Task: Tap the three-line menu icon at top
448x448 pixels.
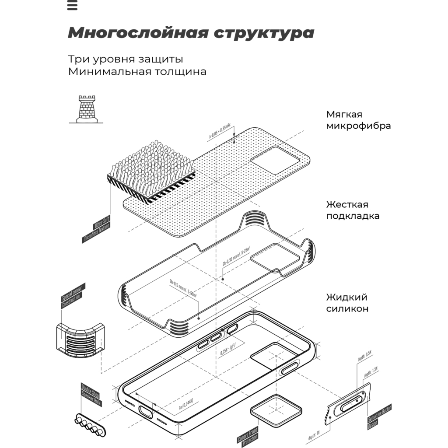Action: (x=73, y=5)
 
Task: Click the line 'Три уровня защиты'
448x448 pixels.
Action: (x=126, y=59)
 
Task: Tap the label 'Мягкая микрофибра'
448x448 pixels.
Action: (x=358, y=120)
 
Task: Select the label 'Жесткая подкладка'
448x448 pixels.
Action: (x=353, y=210)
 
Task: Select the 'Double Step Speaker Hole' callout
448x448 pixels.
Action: (x=91, y=395)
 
